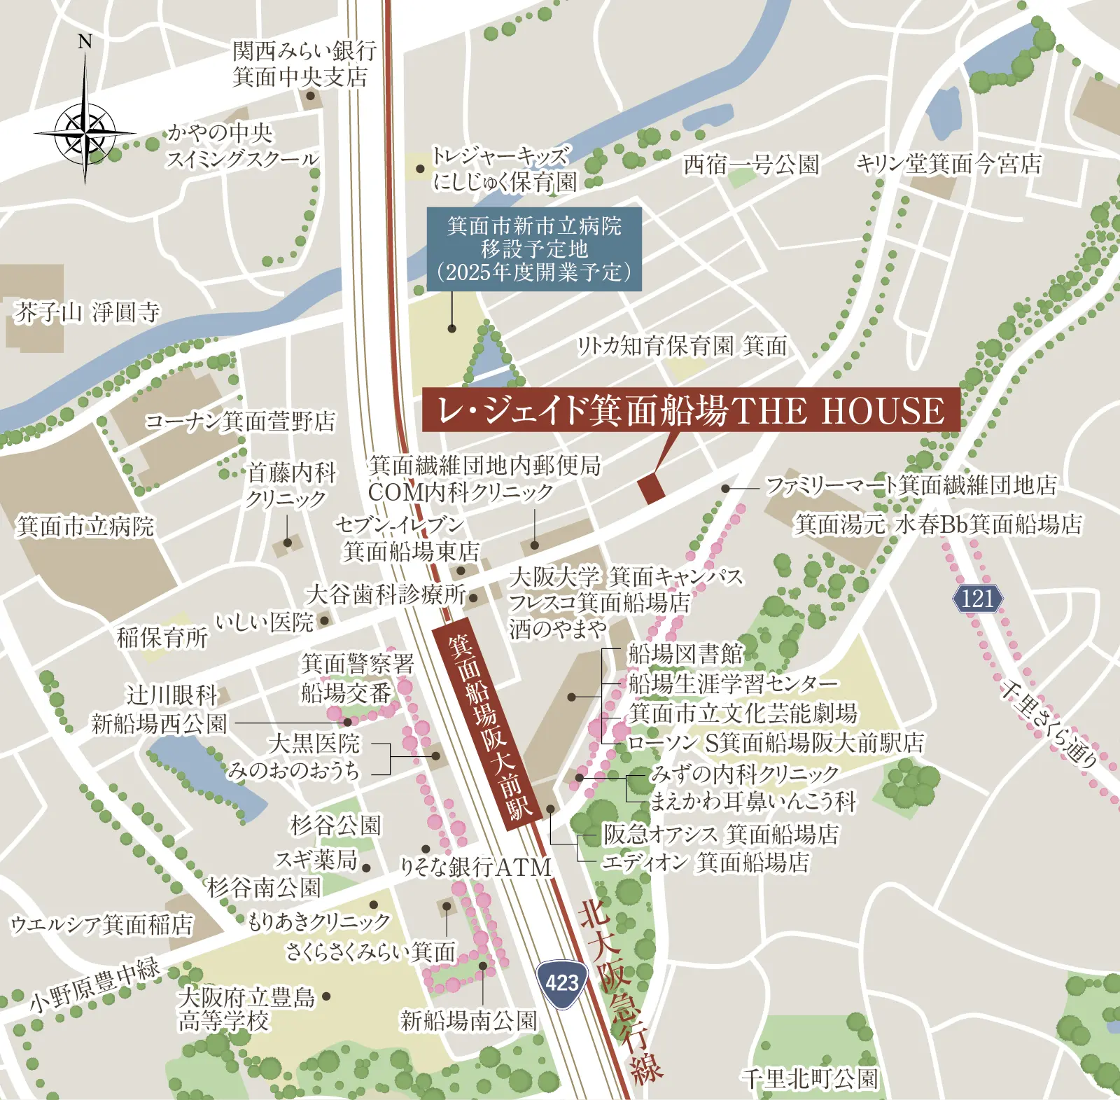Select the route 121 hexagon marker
(x=977, y=599)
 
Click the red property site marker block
(x=651, y=488)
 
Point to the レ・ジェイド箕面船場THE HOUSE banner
(x=690, y=410)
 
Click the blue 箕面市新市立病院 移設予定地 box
(x=534, y=249)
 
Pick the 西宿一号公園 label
(x=751, y=165)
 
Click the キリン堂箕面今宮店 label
(x=948, y=164)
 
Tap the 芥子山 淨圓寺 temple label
(x=87, y=312)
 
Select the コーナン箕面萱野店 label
(x=239, y=422)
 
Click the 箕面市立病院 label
(x=85, y=527)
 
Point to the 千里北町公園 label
(x=809, y=1079)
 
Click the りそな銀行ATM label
(x=476, y=867)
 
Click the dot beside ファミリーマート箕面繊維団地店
(x=726, y=489)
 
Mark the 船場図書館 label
(x=685, y=654)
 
